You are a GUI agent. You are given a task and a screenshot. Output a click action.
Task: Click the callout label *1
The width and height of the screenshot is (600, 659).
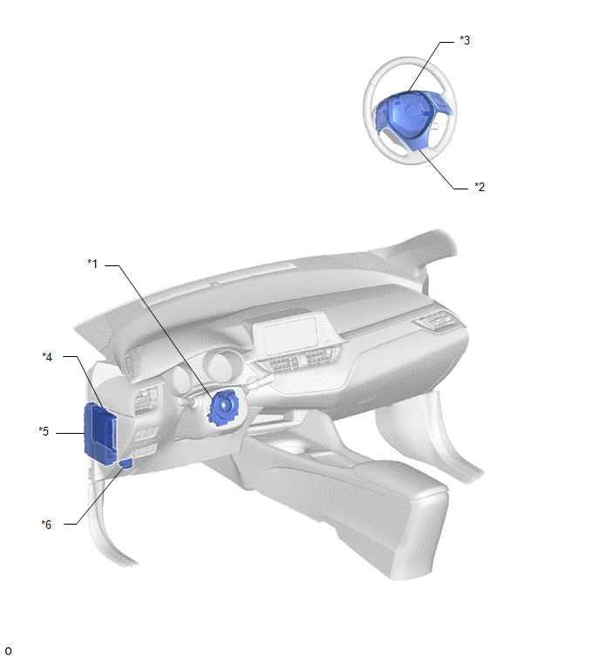point(92,264)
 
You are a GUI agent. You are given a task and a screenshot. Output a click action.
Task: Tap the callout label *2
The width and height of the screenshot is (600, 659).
point(480,187)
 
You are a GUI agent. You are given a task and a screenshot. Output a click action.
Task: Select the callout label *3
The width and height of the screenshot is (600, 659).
point(465,40)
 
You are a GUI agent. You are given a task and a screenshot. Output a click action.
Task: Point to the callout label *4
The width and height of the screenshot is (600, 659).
point(47,357)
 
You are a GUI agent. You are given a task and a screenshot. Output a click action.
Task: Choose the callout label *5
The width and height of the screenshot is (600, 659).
point(44,431)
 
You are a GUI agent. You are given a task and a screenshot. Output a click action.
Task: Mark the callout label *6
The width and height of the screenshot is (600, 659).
point(46,525)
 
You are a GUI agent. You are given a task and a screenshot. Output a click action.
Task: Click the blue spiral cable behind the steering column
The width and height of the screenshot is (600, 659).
point(223,407)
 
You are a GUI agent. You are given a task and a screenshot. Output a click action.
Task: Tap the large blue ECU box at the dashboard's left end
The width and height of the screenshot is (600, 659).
point(99,433)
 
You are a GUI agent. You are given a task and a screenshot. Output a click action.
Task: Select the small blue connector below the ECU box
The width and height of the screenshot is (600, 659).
point(126,463)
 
